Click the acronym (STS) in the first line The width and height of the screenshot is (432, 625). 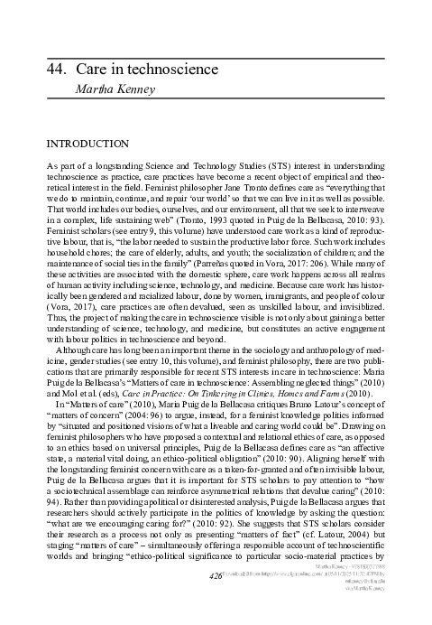click(x=238, y=169)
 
